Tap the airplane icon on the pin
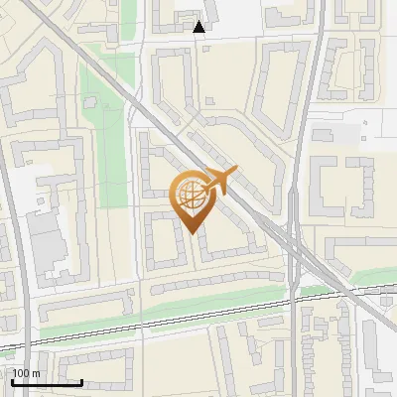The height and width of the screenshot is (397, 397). pos(218,182)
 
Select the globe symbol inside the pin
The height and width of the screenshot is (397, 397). pos(190,194)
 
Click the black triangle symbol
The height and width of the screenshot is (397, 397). pos(200,27)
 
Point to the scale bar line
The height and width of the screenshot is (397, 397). pos(47,382)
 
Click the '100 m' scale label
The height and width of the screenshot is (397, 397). pos(26,373)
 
